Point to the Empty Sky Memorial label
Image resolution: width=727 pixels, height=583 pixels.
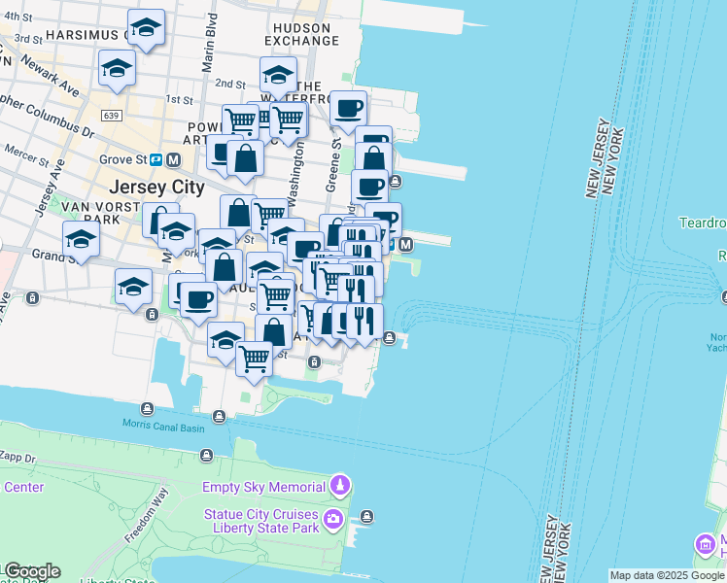pos(263,487)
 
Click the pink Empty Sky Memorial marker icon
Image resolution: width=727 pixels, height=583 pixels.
pos(339,484)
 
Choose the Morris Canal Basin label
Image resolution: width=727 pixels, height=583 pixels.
pos(163,425)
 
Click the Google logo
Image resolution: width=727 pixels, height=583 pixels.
pos(31,571)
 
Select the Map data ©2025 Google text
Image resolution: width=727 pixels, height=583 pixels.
pos(667,576)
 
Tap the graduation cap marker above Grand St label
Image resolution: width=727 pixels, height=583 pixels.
pos(82,239)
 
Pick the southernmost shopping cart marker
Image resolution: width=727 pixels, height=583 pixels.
pos(255,358)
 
